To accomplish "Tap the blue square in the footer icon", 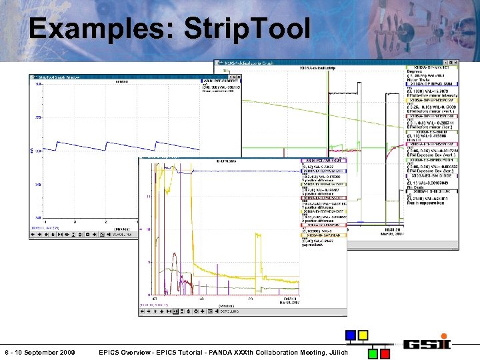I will [351, 335].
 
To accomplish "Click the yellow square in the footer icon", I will [363, 335].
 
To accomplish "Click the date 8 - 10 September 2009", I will [39, 352].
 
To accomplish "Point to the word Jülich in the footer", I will [336, 352].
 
